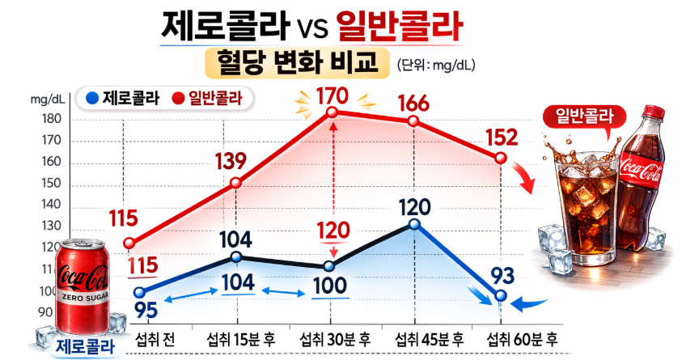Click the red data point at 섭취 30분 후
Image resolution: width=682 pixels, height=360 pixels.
[332, 114]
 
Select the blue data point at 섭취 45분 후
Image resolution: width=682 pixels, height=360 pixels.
[413, 224]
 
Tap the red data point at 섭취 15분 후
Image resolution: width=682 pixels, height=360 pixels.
[236, 183]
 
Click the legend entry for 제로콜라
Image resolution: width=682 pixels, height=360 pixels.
[122, 100]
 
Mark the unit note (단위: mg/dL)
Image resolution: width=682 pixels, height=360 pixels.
[437, 64]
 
